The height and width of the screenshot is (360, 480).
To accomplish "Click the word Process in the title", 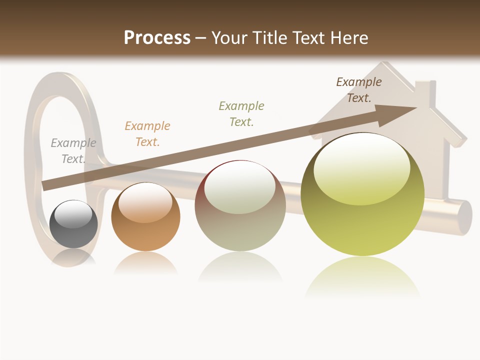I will point(157,37).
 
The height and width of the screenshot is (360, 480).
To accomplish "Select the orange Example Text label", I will point(147,134).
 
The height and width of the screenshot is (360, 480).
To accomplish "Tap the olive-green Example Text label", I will point(241,113).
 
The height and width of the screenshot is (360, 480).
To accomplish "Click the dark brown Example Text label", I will point(359,90).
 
